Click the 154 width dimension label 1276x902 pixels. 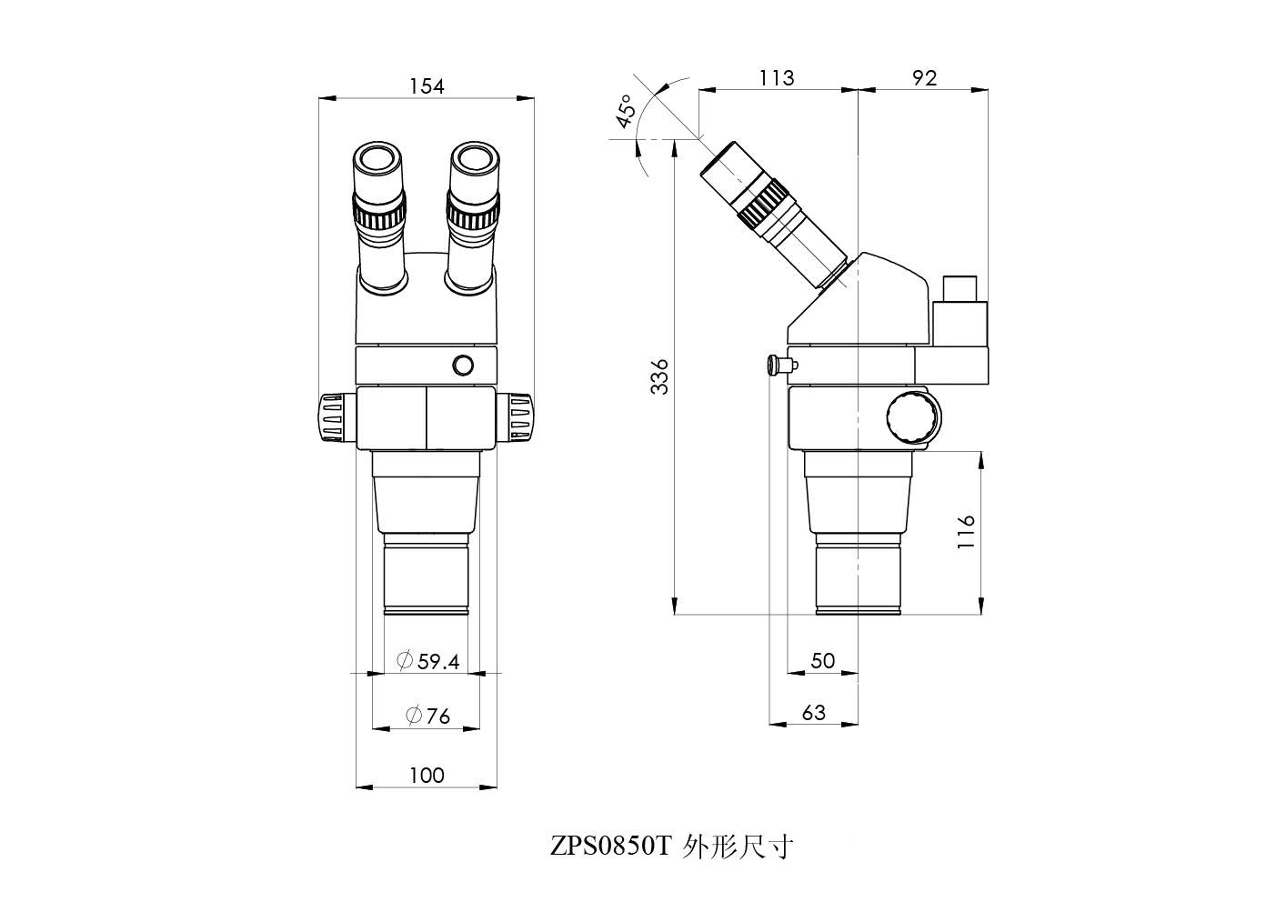427,86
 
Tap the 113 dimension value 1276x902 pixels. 777,77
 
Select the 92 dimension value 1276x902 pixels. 925,77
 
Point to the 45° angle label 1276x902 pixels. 625,112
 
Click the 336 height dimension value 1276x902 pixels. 660,376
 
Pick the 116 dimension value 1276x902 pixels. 966,532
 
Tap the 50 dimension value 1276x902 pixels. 822,660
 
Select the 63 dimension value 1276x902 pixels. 813,712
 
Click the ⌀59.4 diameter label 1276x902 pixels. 427,660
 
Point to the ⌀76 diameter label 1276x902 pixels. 427,716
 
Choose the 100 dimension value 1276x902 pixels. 427,775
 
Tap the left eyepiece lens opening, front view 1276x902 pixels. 378,159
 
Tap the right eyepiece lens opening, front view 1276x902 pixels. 474,159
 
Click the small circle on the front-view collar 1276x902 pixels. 463,365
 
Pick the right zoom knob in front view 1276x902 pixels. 515,417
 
